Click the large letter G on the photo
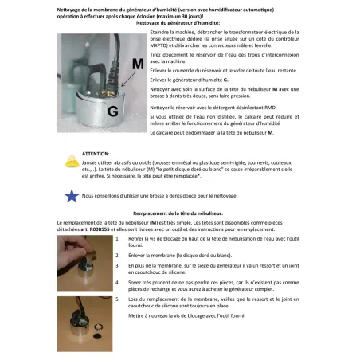tap(90, 108)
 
